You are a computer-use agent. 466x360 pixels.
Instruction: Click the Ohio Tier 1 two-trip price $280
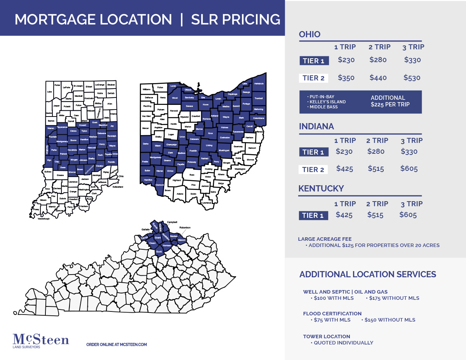pyautogui.click(x=378, y=60)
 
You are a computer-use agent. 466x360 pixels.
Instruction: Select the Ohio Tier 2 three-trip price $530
pyautogui.click(x=412, y=78)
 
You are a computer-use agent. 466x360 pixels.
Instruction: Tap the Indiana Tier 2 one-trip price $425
pyautogui.click(x=344, y=169)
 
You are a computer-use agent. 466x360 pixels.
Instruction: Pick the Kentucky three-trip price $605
pyautogui.click(x=408, y=215)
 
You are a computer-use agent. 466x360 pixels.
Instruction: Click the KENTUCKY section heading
pyautogui.click(x=321, y=189)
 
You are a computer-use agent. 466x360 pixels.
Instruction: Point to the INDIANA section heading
pyautogui.click(x=316, y=127)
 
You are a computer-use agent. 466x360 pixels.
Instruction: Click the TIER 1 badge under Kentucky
pyautogui.click(x=313, y=216)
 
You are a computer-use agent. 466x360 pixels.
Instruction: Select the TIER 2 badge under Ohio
pyautogui.click(x=313, y=78)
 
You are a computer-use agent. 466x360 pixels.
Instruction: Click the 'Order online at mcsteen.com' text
pyautogui.click(x=116, y=344)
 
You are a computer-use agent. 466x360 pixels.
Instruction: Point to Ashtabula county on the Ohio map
pyautogui.click(x=259, y=84)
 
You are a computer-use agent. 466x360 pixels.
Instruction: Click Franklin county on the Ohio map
pyautogui.click(x=193, y=150)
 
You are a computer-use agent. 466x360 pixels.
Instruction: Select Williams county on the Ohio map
pyautogui.click(x=146, y=90)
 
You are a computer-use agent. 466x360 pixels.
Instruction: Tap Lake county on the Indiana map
pyautogui.click(x=49, y=92)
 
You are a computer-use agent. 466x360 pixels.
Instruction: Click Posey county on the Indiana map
pyautogui.click(x=37, y=209)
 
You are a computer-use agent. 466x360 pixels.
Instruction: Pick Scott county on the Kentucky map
pyautogui.click(x=159, y=252)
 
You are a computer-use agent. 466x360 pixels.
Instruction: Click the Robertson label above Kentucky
pyautogui.click(x=185, y=227)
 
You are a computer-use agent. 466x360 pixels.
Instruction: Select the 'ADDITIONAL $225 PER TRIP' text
pyautogui.click(x=390, y=101)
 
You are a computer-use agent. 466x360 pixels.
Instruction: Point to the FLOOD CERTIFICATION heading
pyautogui.click(x=332, y=313)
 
